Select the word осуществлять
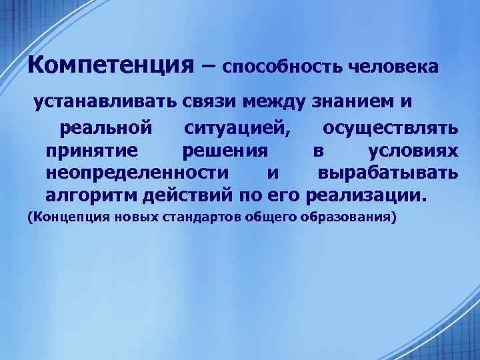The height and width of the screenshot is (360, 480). click(389, 127)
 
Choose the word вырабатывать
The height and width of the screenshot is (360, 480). click(387, 173)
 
